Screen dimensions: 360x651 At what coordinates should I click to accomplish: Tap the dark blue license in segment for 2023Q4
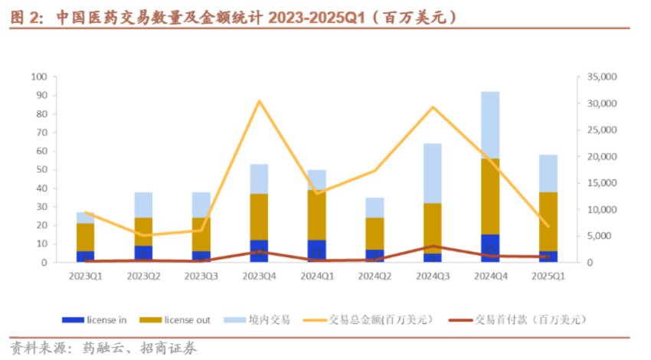259,250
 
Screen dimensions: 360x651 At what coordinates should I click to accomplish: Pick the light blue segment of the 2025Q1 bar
548,173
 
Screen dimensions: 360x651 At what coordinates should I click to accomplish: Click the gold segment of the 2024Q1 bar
316,214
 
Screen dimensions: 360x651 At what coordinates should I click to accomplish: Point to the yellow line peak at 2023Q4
259,101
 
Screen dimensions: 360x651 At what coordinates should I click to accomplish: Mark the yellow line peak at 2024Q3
432,107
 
